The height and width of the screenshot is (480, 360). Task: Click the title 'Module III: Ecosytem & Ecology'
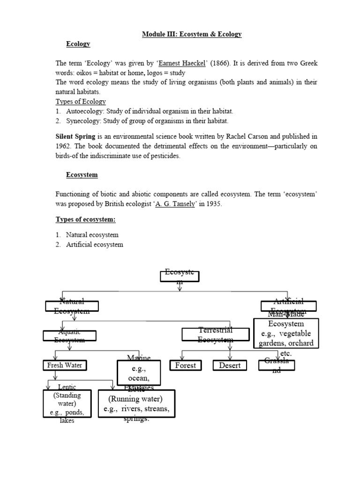coord(192,34)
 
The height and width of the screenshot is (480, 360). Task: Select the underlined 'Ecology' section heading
coord(78,44)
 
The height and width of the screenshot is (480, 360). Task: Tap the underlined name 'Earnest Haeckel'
coord(182,63)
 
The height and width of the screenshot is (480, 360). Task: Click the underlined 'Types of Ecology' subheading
coord(81,102)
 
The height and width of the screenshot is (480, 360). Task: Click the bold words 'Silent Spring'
coord(75,136)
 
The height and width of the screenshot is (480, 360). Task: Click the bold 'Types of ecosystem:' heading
coord(85,219)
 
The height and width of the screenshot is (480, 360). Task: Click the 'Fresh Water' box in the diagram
coord(65,365)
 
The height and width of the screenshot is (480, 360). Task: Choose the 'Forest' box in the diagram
coord(186,365)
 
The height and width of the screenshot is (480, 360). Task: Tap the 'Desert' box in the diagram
coord(229,365)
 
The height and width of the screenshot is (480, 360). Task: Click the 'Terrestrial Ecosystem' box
coord(215,334)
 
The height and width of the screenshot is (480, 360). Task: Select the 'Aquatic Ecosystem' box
coord(69,336)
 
